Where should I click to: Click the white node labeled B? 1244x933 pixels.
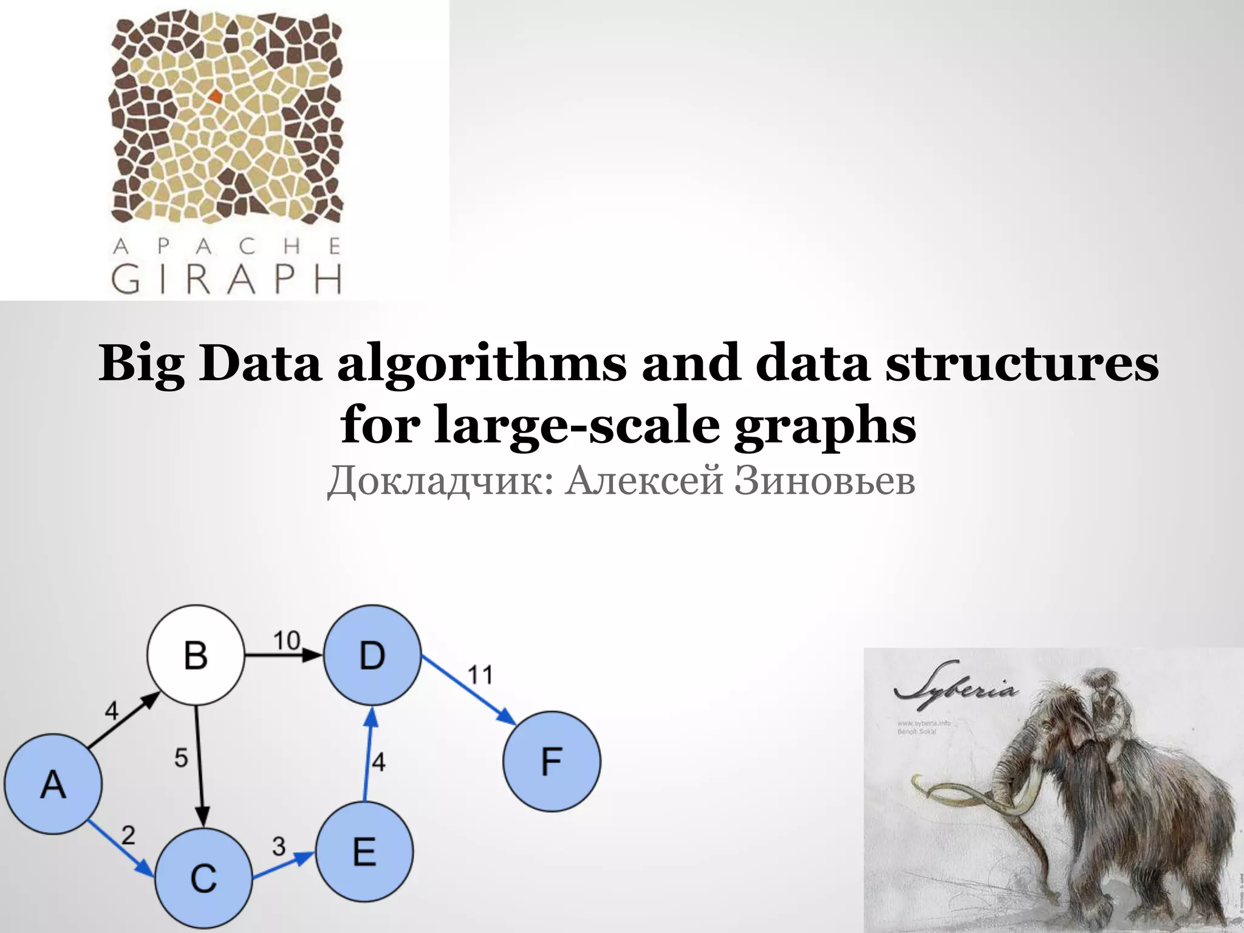pos(196,655)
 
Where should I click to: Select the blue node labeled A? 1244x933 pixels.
pos(53,784)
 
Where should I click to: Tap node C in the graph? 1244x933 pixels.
pos(203,878)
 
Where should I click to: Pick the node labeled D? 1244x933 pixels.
pos(372,655)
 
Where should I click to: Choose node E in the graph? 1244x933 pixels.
pos(364,850)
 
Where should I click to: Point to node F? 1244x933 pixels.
pos(552,762)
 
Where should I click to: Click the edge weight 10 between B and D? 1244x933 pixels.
pos(286,640)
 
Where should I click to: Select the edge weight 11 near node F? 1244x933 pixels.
pos(480,675)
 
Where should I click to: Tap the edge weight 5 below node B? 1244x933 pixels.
pos(181,757)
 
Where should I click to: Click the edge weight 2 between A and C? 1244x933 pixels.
pos(128,835)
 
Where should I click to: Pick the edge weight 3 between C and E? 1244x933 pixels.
pos(279,846)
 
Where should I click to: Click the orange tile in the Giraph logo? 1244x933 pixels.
pos(215,95)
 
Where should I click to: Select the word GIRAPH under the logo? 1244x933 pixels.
pos(227,279)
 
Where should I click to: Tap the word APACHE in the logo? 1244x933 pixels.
pos(227,247)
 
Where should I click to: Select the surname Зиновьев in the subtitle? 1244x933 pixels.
pos(825,481)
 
